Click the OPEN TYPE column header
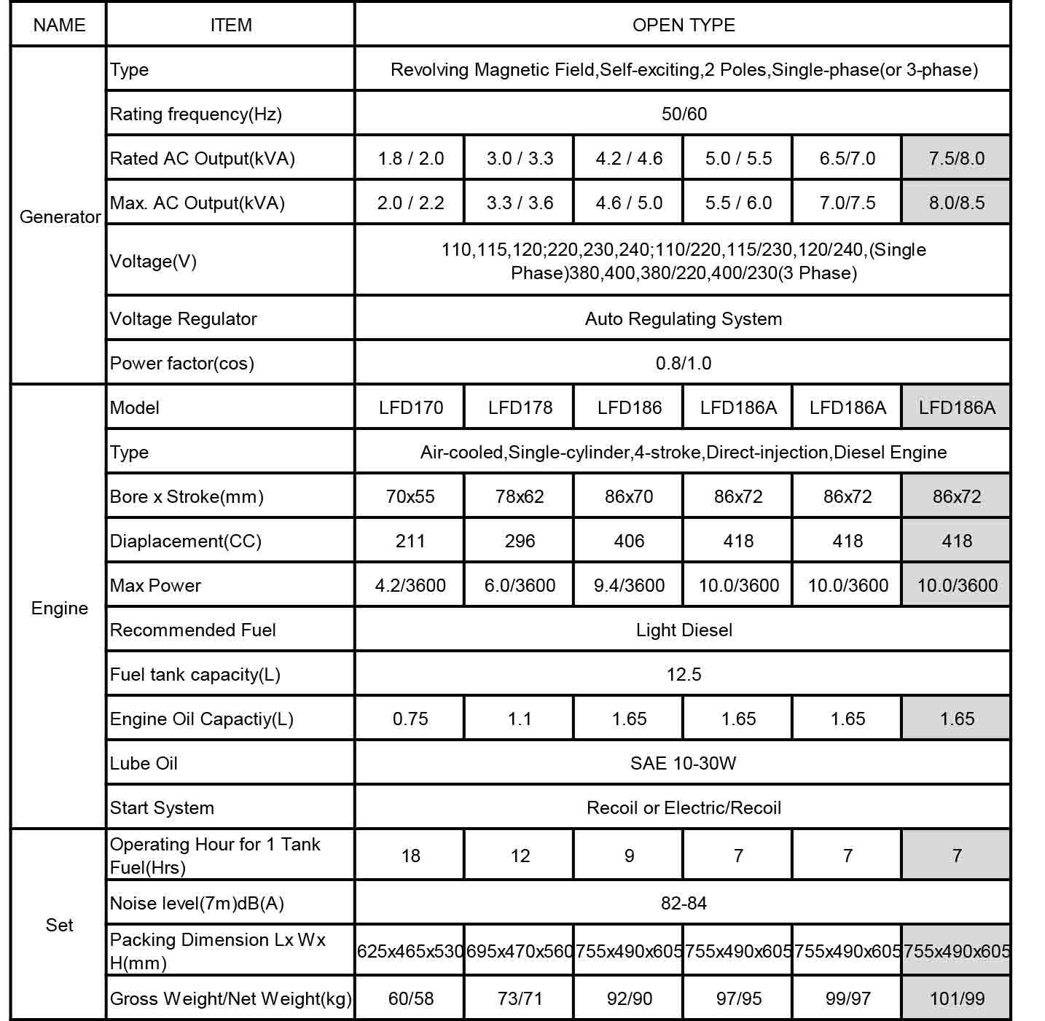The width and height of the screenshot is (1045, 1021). pos(683,25)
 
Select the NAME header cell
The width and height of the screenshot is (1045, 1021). pos(59,25)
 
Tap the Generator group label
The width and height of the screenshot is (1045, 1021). pos(60,216)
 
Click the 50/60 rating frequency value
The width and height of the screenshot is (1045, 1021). pos(684,114)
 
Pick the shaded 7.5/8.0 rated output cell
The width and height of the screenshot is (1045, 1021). pos(956,158)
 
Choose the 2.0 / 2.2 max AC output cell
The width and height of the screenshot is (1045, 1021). pos(410,203)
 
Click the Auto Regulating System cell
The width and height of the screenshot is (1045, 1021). pos(683,318)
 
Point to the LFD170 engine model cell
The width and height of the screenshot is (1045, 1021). pos(410,407)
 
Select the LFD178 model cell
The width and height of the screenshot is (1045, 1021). pos(520,407)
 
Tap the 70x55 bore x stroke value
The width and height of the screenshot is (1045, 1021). pos(410,496)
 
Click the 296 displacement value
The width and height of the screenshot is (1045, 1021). pos(520,541)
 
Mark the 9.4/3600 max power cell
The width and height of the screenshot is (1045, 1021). pos(629,585)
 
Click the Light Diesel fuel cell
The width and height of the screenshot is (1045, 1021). pos(684,630)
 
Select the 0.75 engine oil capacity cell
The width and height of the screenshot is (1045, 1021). pos(410,719)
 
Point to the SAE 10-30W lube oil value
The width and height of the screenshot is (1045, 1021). pos(683,763)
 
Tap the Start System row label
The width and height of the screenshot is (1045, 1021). pos(162,807)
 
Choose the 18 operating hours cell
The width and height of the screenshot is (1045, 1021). pos(410,856)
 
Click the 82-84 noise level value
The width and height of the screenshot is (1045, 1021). pos(684,903)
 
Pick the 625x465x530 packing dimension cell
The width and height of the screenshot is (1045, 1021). pos(410,951)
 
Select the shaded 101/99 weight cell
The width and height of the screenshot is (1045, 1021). pos(956,998)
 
